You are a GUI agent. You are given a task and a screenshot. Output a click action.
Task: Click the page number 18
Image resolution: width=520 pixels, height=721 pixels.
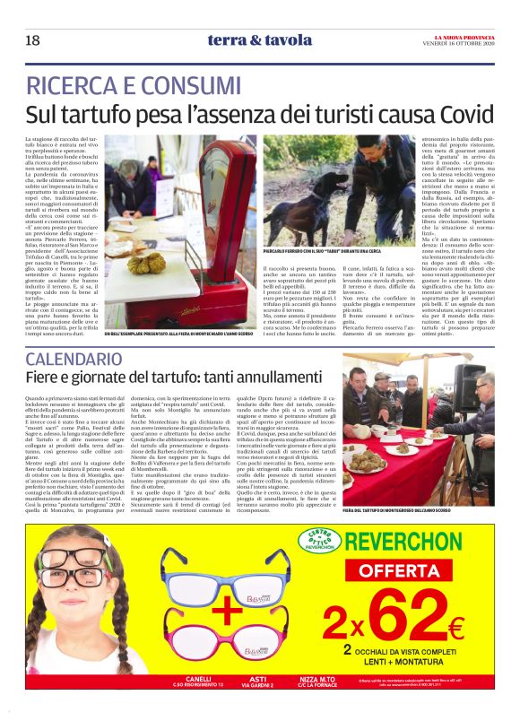(x=32, y=40)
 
